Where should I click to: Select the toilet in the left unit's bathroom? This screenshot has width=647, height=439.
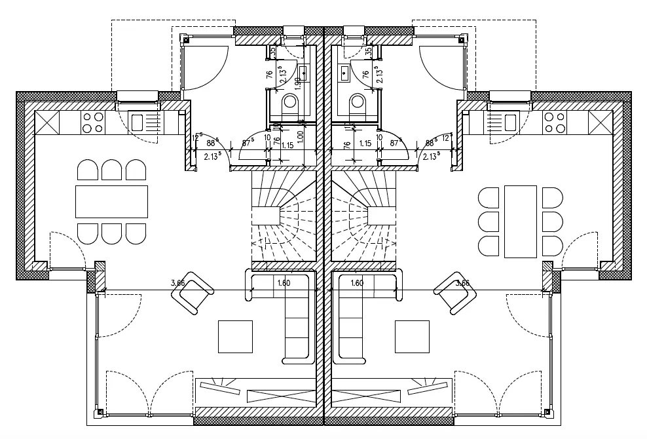pos(290,104)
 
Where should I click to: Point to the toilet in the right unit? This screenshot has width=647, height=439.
pos(358,104)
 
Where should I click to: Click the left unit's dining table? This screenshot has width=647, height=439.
pos(111,202)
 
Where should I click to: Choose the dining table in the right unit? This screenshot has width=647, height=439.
pos(521,221)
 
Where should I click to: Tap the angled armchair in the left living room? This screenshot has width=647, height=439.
pos(193,292)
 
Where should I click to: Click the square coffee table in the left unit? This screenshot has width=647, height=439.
pos(235,336)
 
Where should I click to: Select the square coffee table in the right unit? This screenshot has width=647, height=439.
pos(412,336)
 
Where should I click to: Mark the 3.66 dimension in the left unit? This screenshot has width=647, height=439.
pos(177,283)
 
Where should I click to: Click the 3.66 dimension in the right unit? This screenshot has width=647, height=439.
pos(462,283)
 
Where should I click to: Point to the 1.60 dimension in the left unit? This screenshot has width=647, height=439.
pos(283,283)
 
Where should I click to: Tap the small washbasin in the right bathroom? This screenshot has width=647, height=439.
pos(344,71)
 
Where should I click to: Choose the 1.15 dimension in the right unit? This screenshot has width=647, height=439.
pos(366,143)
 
